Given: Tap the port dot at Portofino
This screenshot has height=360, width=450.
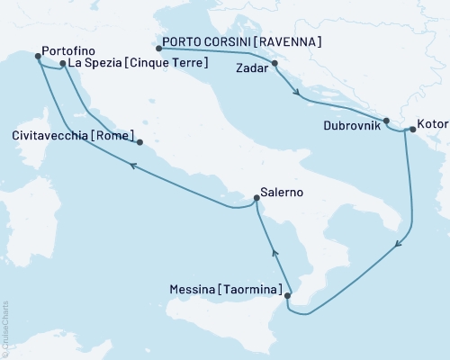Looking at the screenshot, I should point(38,57).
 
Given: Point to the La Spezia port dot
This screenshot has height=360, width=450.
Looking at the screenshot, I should point(62,64).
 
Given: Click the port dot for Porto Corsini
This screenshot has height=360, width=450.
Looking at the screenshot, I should point(158,49).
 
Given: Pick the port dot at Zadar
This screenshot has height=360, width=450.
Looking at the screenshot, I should point(274,64).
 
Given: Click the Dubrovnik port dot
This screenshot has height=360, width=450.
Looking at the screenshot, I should point(386,121).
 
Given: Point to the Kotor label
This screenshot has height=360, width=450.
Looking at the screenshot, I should point(430,120).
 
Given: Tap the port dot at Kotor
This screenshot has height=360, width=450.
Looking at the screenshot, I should point(411,130).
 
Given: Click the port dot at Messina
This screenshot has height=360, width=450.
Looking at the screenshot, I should point(287,294).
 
